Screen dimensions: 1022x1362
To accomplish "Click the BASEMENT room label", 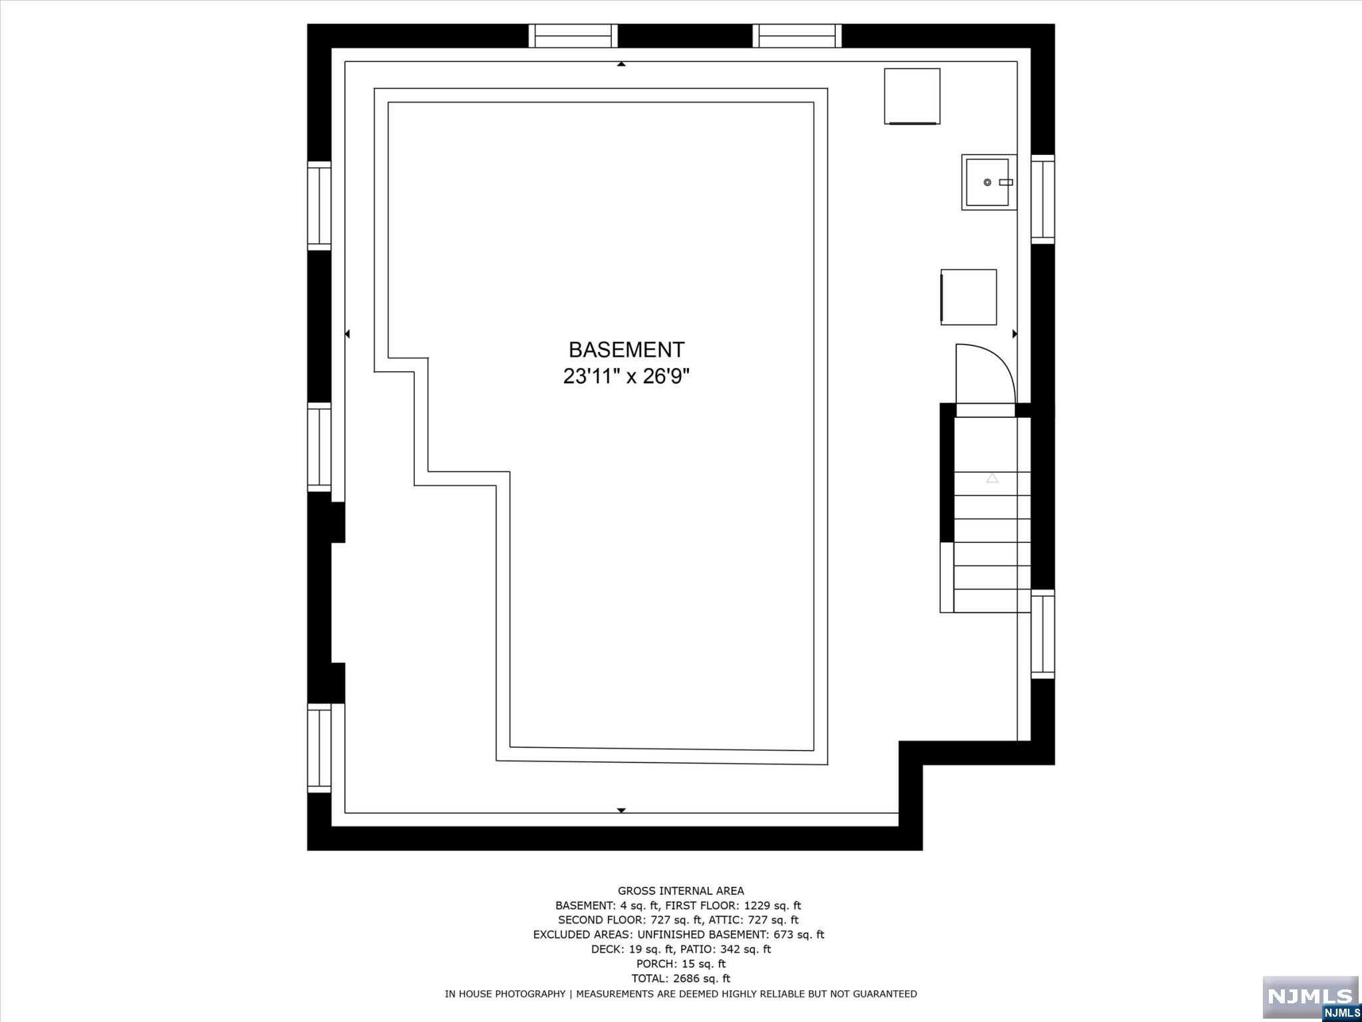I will (x=626, y=350).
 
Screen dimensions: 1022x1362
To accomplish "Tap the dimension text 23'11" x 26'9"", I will (x=626, y=377).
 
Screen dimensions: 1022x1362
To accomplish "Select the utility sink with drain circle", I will (x=988, y=182).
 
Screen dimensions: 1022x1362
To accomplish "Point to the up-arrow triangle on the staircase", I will (x=992, y=478).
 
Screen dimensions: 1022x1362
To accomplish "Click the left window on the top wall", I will (x=573, y=36).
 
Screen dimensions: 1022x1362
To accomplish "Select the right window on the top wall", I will (x=797, y=36).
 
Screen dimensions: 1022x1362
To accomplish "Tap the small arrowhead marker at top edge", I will (x=621, y=65).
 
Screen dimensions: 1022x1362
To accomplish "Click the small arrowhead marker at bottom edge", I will (x=621, y=810).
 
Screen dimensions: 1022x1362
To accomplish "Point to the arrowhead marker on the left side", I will (x=347, y=334).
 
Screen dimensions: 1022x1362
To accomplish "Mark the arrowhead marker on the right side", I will (x=1014, y=334).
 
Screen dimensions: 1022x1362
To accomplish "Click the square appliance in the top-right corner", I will (x=912, y=96).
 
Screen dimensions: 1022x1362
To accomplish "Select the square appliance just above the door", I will (x=968, y=297).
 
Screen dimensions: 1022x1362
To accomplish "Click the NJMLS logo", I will (x=1310, y=996).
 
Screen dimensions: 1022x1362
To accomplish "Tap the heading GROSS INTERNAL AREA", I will (x=680, y=891).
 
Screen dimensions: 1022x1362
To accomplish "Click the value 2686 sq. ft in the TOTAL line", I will (x=702, y=978).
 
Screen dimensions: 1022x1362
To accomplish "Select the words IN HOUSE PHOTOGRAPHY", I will (x=505, y=994).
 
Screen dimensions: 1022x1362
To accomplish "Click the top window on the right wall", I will (x=1043, y=199).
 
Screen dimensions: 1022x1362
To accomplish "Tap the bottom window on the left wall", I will (x=319, y=748).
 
